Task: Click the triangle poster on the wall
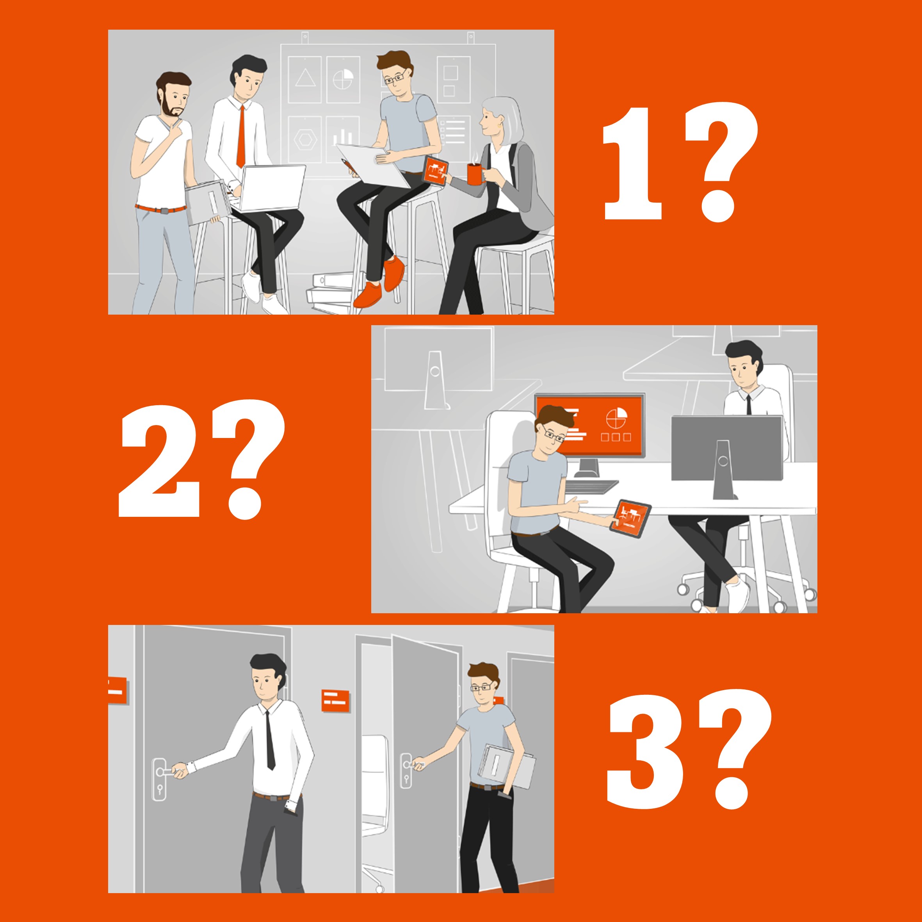[x=305, y=79]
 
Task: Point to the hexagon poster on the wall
[x=305, y=139]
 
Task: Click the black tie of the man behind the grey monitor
[x=749, y=406]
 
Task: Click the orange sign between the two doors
[x=335, y=701]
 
